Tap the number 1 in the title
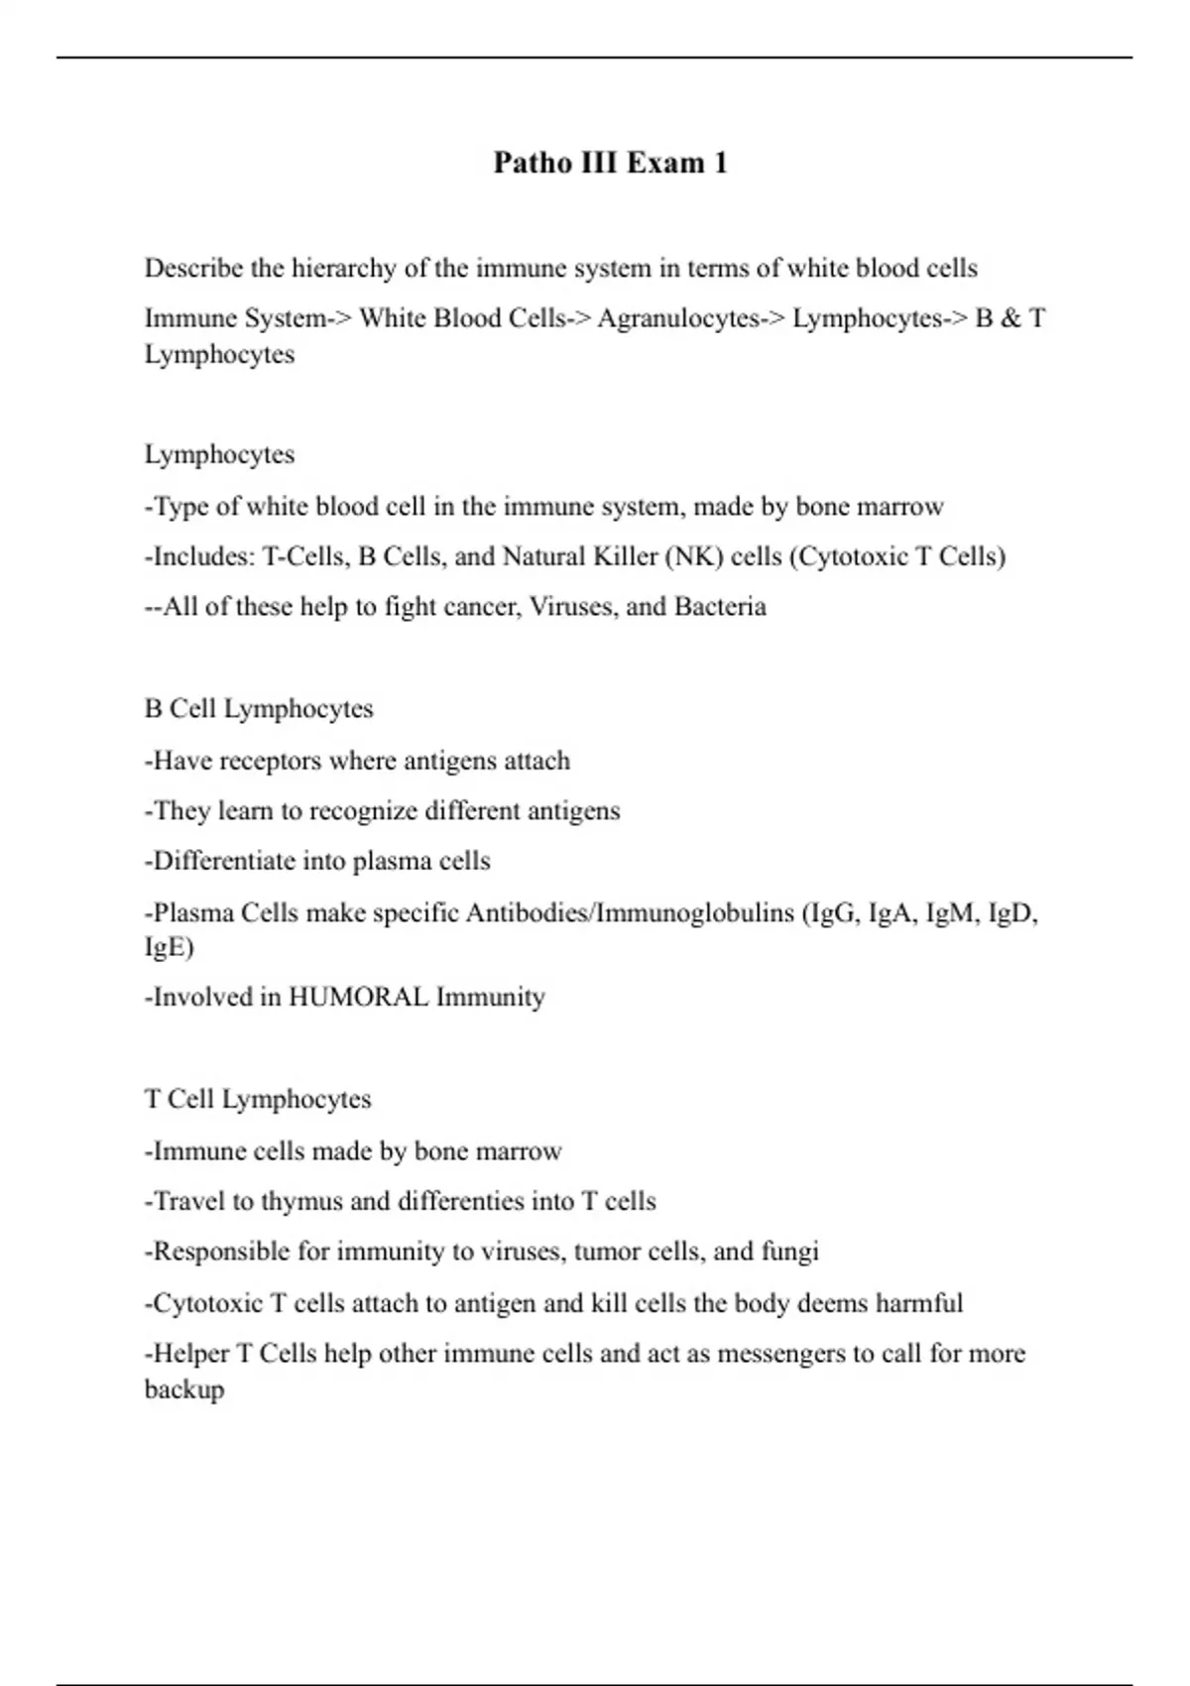tap(720, 163)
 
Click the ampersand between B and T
tap(1011, 318)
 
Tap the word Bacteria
tap(720, 607)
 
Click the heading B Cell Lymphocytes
tap(259, 709)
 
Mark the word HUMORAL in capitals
tap(359, 997)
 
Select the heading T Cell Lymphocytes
tap(258, 1100)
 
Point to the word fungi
tap(789, 1252)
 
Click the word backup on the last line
tap(184, 1389)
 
